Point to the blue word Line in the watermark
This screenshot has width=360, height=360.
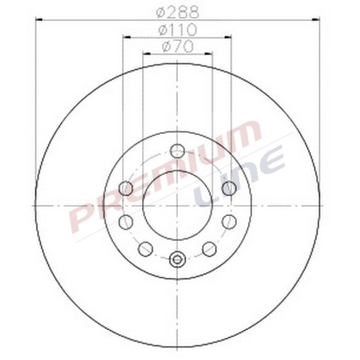(x=246, y=179)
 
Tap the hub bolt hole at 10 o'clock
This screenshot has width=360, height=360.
(x=129, y=189)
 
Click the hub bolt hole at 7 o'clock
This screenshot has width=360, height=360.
(x=143, y=247)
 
